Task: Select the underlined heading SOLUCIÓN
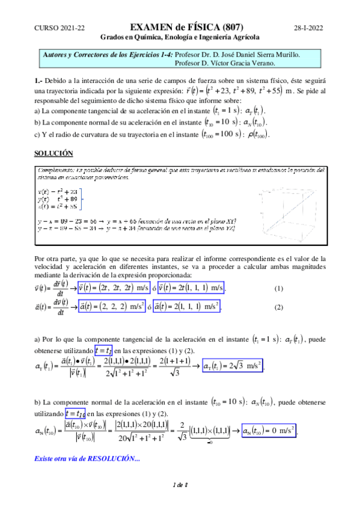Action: click(x=53, y=153)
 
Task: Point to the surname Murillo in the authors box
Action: click(x=285, y=54)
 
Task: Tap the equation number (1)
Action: click(x=278, y=289)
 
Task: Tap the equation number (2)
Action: click(x=278, y=307)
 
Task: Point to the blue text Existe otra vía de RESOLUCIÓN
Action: click(x=88, y=459)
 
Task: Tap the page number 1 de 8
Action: click(x=180, y=501)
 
